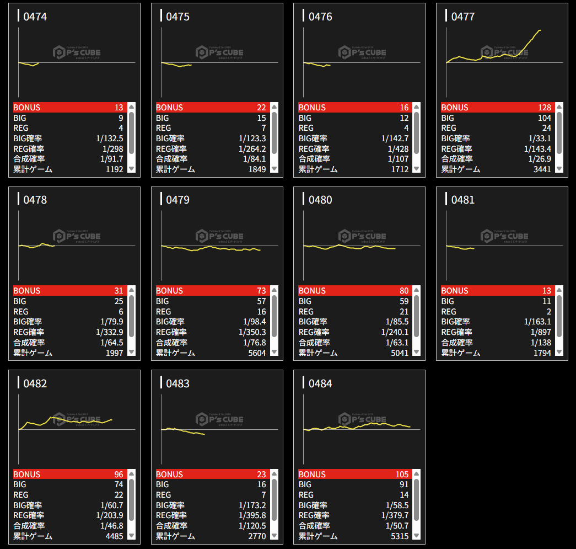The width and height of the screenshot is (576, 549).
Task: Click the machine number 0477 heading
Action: click(x=462, y=17)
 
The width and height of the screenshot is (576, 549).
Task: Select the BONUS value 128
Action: click(x=544, y=108)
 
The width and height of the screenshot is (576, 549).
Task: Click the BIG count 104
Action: click(x=544, y=118)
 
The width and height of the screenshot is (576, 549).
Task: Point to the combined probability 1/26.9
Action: click(x=539, y=159)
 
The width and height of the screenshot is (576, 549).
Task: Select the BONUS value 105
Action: click(x=402, y=475)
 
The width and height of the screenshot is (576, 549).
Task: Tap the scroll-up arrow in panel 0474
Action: click(x=131, y=107)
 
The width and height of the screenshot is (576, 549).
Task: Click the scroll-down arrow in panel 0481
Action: click(x=559, y=352)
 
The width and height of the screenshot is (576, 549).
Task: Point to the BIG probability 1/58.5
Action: click(x=396, y=505)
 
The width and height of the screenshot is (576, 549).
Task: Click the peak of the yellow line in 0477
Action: click(x=540, y=30)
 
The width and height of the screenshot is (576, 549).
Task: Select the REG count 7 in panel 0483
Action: click(x=263, y=495)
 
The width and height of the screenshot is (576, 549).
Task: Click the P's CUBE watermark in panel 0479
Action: click(x=219, y=236)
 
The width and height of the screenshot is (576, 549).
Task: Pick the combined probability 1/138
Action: click(x=541, y=343)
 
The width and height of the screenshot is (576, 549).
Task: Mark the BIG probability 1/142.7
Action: click(x=395, y=138)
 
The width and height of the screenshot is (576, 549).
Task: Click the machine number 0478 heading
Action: click(x=35, y=200)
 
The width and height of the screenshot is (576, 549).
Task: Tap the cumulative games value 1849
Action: click(x=257, y=169)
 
